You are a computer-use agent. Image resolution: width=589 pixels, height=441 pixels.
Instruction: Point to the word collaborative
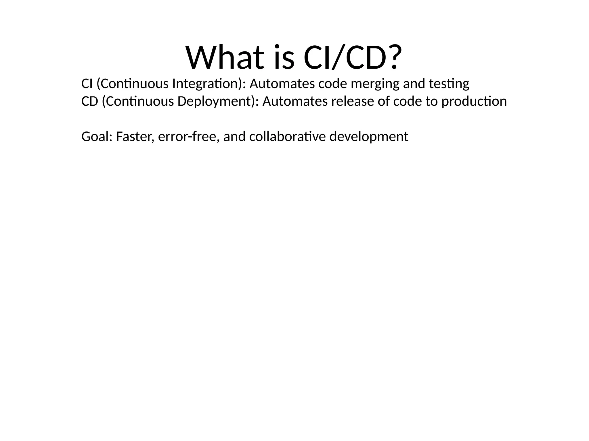[x=287, y=137]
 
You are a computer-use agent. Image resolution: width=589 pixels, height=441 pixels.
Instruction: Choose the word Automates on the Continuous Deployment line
[x=295, y=101]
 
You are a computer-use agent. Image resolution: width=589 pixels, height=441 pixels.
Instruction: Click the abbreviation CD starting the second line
[x=90, y=101]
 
